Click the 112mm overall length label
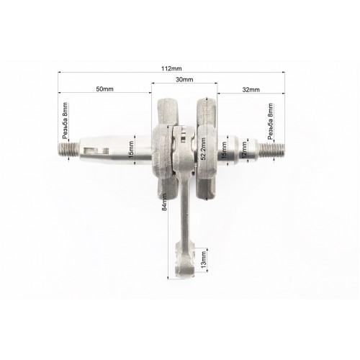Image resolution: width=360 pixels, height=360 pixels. (171, 68)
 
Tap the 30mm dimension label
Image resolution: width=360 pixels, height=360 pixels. (184, 79)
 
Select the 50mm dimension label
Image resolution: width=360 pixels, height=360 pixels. (104, 89)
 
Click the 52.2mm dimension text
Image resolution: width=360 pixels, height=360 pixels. (203, 149)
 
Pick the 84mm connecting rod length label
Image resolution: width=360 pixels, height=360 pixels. (164, 202)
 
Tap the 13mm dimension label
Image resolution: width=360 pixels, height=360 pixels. (204, 260)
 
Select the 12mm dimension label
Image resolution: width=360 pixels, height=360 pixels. (244, 150)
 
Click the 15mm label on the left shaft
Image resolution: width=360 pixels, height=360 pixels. (131, 150)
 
